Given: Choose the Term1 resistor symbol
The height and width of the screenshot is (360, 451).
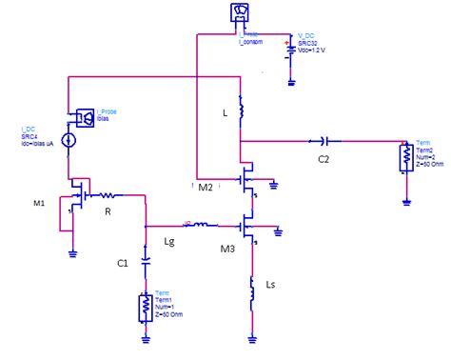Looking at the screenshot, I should click(143, 307).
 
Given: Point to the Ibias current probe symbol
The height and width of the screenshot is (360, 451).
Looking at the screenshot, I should click(83, 117).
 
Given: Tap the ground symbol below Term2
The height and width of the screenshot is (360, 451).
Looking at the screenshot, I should click(406, 202).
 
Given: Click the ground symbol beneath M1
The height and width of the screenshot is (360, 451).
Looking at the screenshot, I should click(72, 253).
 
